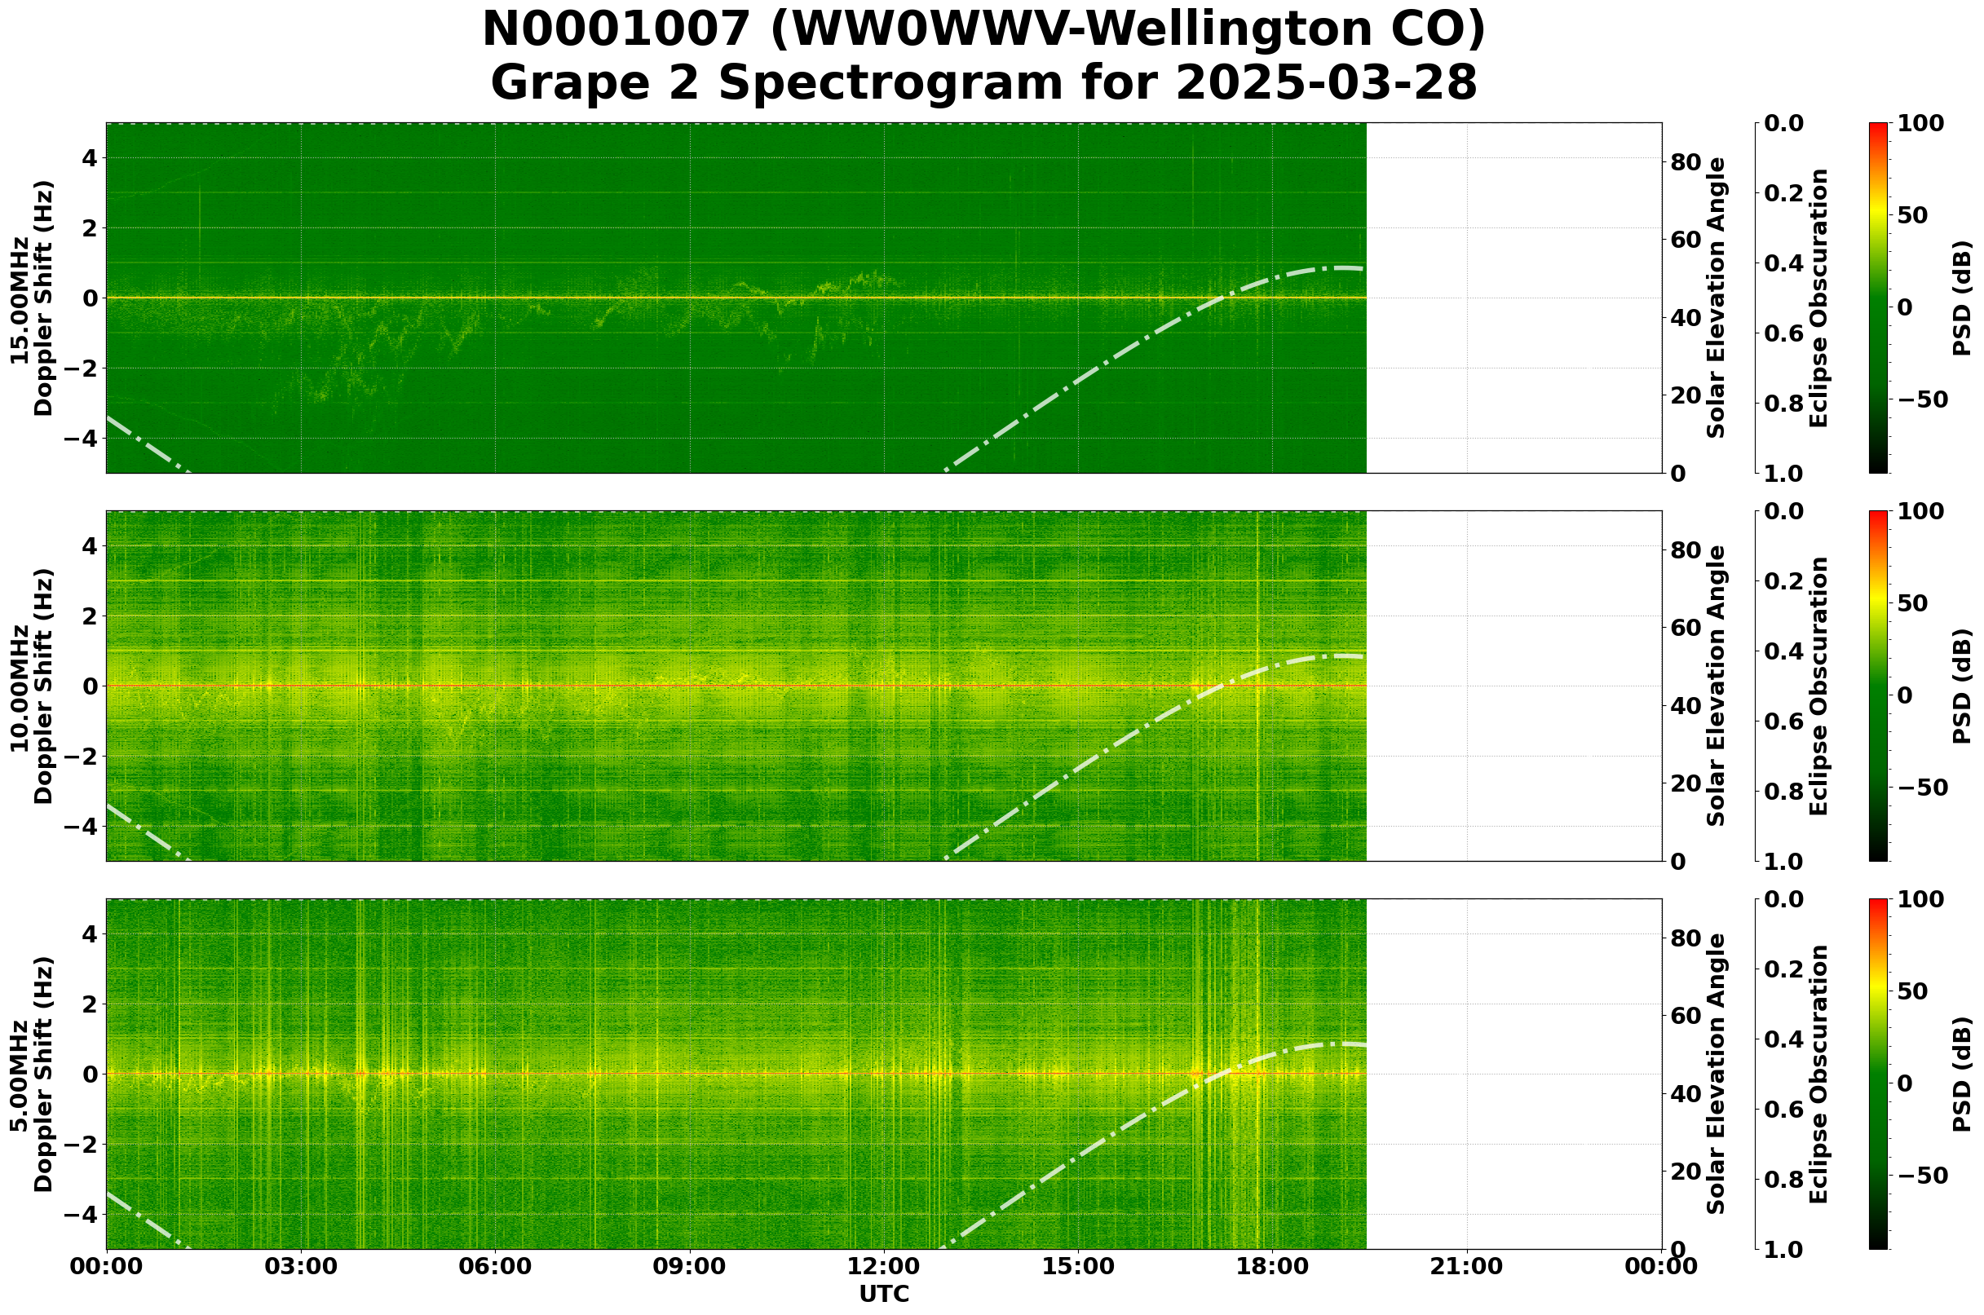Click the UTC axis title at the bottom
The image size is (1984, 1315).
pos(883,1294)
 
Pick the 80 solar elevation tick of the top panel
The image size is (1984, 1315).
pos(1684,162)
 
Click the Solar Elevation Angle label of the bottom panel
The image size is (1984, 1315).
pos(1717,1075)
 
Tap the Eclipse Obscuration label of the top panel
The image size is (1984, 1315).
pos(1818,298)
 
